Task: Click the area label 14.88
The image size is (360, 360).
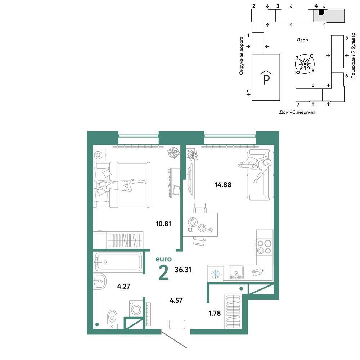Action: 223,185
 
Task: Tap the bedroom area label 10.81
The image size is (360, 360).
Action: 163,224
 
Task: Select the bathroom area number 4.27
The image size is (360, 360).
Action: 123,286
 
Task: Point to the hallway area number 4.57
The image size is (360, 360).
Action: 176,300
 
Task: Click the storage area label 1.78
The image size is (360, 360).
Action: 215,313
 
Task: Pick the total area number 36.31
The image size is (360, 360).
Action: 183,270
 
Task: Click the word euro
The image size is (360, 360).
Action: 163,259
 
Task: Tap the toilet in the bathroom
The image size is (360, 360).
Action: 112,319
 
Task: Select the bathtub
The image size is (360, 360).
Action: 118,262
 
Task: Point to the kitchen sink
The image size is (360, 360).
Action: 236,273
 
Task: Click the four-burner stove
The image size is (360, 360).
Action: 264,247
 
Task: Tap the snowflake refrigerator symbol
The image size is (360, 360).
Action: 215,274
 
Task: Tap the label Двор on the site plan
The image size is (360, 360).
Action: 302,40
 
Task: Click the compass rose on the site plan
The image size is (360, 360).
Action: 305,64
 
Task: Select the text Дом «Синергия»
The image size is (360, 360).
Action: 297,112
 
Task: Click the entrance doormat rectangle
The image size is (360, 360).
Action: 177,324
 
